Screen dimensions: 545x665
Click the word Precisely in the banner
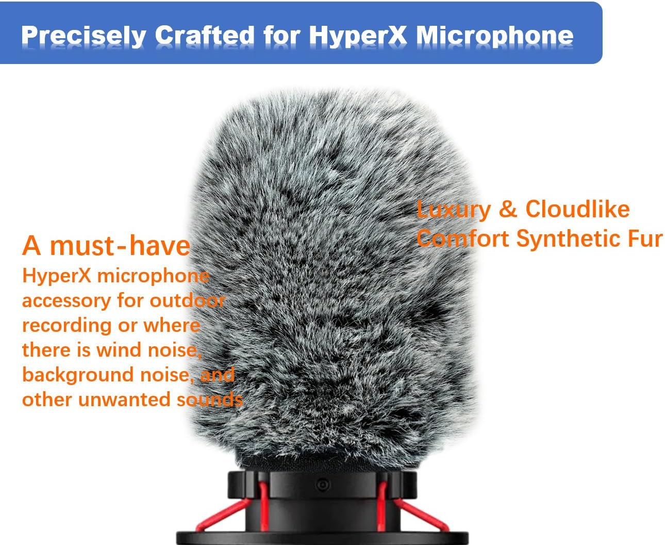(83, 36)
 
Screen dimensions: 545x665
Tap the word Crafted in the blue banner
(205, 35)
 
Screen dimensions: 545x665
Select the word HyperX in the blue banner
(357, 35)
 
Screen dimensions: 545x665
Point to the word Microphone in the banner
(494, 35)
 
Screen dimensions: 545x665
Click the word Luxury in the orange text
(454, 209)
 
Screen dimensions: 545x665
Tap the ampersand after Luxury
(508, 209)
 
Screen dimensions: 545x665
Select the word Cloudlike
(577, 209)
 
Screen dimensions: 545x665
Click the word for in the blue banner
(281, 35)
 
